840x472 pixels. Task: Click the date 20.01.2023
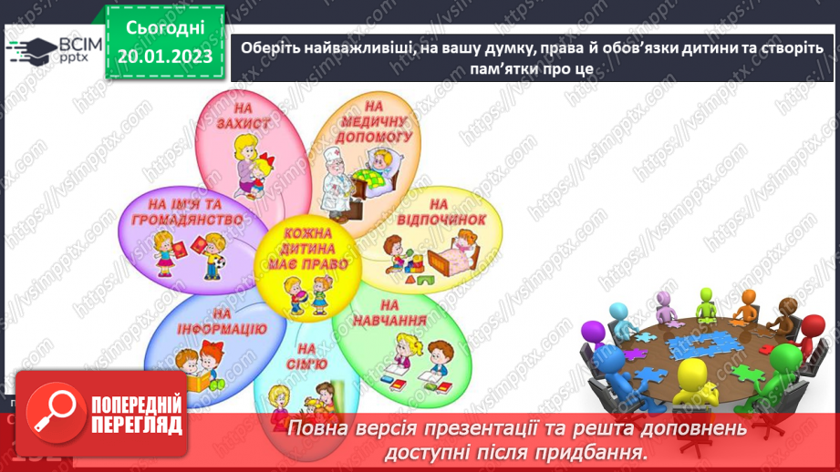tap(164, 56)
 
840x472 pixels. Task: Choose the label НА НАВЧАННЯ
tap(401, 313)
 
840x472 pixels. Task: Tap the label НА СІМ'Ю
tap(306, 357)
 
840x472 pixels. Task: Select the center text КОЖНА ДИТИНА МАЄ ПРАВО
tap(306, 248)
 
